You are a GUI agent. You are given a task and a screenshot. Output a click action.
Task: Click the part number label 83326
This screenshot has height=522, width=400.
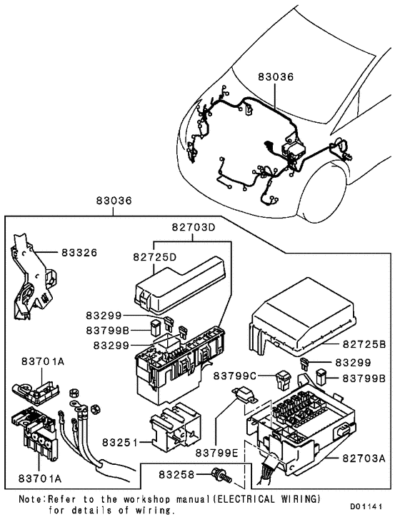pos(79,253)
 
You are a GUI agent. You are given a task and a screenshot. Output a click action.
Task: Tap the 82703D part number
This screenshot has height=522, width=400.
pos(192,228)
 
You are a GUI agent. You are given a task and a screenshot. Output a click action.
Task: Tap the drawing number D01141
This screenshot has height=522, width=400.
pos(371,506)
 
